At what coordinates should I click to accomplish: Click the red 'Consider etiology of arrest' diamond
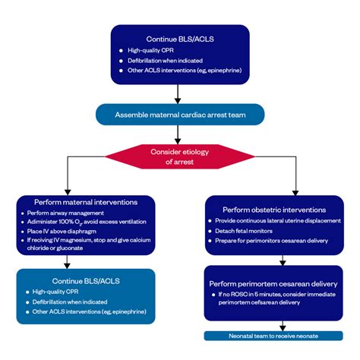pos(179,156)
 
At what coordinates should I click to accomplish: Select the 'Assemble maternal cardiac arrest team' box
pos(179,115)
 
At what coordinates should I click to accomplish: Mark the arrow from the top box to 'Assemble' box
pos(178,93)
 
